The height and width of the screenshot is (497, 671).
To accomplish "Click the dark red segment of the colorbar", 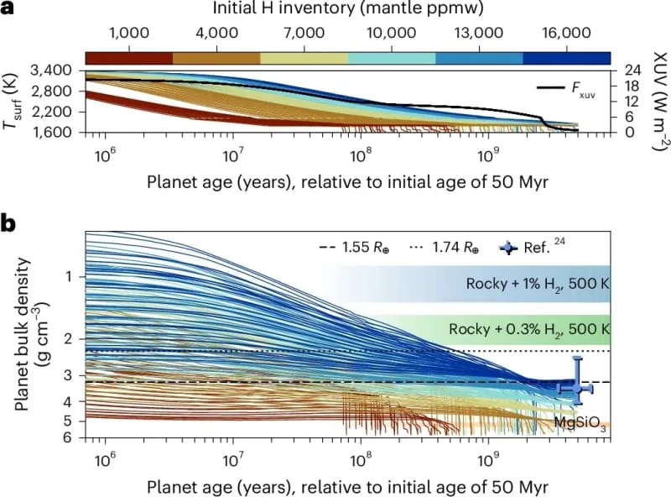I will point(129,58).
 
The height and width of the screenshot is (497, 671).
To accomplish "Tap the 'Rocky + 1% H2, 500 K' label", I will point(538,284).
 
